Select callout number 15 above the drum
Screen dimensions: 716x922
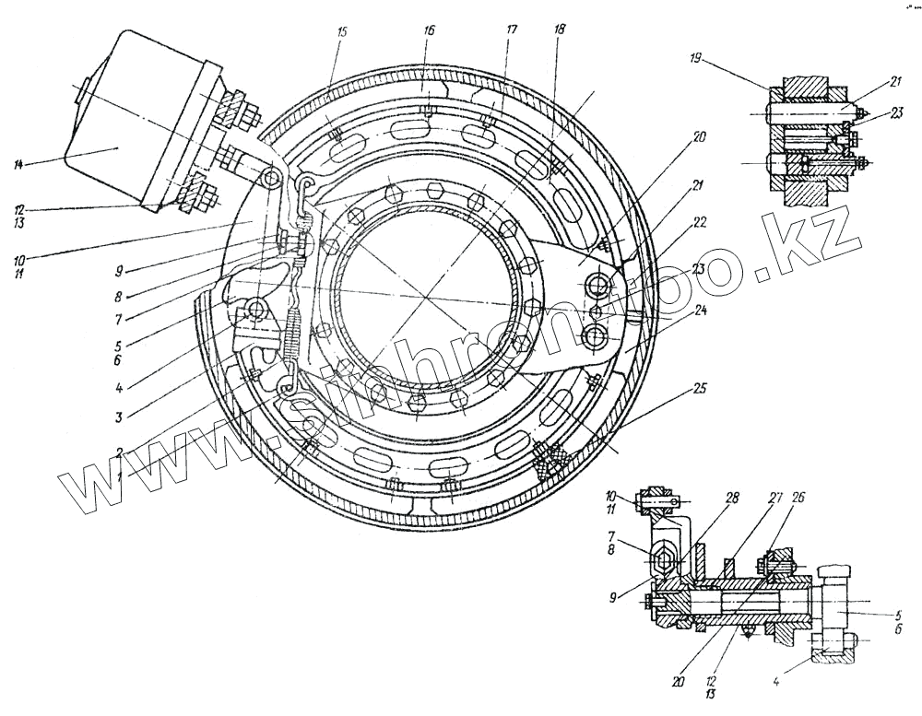click(343, 31)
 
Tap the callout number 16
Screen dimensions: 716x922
click(429, 30)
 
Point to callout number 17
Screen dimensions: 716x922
click(512, 30)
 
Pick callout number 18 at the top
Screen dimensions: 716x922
click(561, 30)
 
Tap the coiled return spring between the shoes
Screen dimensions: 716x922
click(292, 332)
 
